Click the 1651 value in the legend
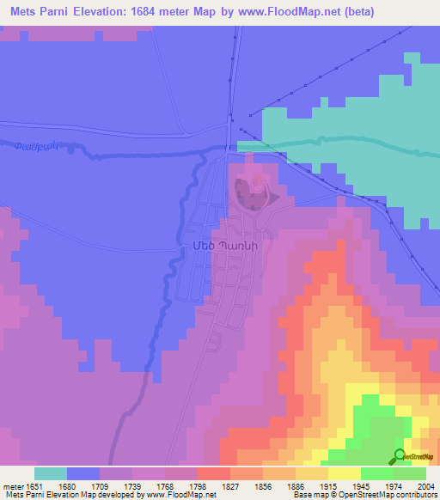coord(34,485)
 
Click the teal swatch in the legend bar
coord(51,473)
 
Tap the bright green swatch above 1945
coord(377,473)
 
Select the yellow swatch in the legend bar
coord(345,473)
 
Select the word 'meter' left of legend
coord(12,485)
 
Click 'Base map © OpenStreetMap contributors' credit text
coord(362,496)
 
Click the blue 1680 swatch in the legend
coord(83,473)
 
